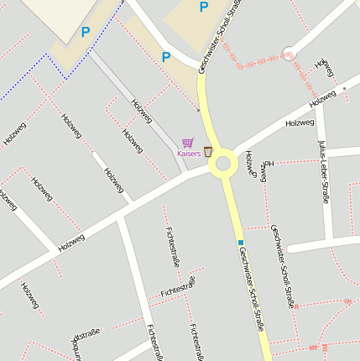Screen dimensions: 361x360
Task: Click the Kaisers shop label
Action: click(188, 154)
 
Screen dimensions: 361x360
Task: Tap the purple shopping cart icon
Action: click(188, 144)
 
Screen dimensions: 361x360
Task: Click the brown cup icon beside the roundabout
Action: click(207, 151)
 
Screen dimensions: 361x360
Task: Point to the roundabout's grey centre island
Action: click(223, 164)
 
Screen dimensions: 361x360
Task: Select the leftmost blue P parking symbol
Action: click(85, 32)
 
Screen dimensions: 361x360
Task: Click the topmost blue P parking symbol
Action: click(203, 7)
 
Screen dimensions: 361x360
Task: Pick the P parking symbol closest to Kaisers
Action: click(165, 57)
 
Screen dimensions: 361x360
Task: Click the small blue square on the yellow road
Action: click(240, 242)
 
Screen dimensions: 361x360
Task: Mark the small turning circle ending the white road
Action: click(290, 52)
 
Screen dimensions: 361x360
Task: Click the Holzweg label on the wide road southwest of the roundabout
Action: click(71, 243)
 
